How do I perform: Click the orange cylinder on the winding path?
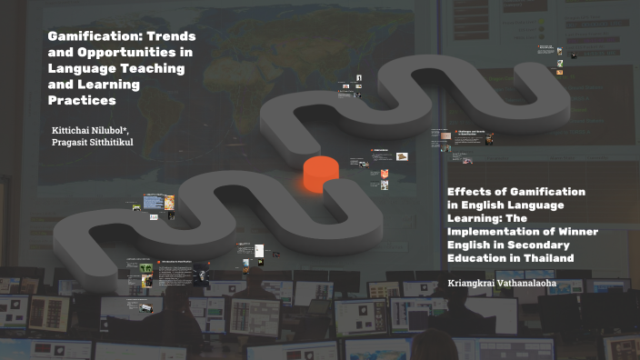(318, 173)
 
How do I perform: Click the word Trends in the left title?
(171, 35)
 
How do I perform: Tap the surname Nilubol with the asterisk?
(121, 130)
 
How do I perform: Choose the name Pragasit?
(76, 144)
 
